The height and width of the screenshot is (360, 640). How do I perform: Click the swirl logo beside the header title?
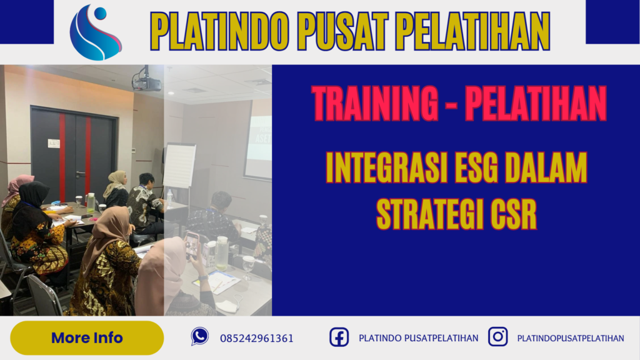point(96,32)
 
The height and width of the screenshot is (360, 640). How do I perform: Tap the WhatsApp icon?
point(200,337)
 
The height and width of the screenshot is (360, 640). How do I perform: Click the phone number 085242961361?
point(256,338)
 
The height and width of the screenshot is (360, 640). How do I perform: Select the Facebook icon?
point(339,337)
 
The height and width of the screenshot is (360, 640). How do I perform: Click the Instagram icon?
point(497,337)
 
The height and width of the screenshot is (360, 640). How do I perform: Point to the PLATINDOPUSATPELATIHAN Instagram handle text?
point(570,338)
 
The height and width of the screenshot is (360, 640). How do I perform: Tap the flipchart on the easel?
point(179,166)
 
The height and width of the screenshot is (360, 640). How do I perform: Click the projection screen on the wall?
point(258,147)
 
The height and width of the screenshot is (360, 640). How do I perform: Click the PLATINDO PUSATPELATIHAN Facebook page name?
point(418,338)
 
